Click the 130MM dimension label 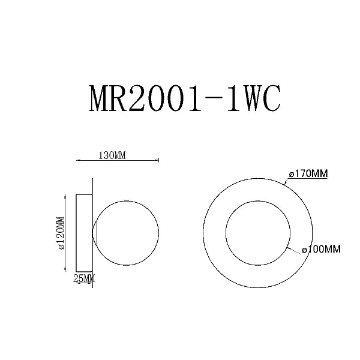(112, 155)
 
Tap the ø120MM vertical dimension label (61, 233)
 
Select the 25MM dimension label (84, 278)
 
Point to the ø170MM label (308, 173)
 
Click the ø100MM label (321, 249)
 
